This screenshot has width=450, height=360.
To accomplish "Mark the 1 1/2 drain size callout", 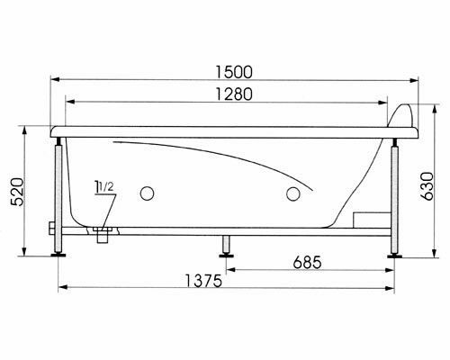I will tap(104, 189).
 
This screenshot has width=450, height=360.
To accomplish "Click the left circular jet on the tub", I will tap(148, 192).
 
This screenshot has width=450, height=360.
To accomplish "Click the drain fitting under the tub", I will tap(101, 235).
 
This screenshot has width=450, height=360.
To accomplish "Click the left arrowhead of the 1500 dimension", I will tap(51, 80).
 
